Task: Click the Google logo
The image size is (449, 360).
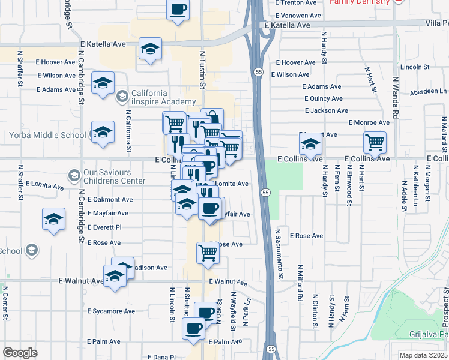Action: (x=20, y=353)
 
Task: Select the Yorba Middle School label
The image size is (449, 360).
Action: (x=47, y=135)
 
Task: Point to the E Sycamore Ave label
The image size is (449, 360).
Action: (x=111, y=311)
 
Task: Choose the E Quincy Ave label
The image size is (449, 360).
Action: (x=323, y=98)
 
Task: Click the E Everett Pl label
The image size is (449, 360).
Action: (x=104, y=228)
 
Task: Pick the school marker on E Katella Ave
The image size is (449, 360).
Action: (x=150, y=49)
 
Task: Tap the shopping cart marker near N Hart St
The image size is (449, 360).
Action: (x=375, y=142)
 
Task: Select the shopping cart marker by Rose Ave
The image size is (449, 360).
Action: (x=208, y=252)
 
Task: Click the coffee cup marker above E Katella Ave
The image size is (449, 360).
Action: (x=178, y=10)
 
